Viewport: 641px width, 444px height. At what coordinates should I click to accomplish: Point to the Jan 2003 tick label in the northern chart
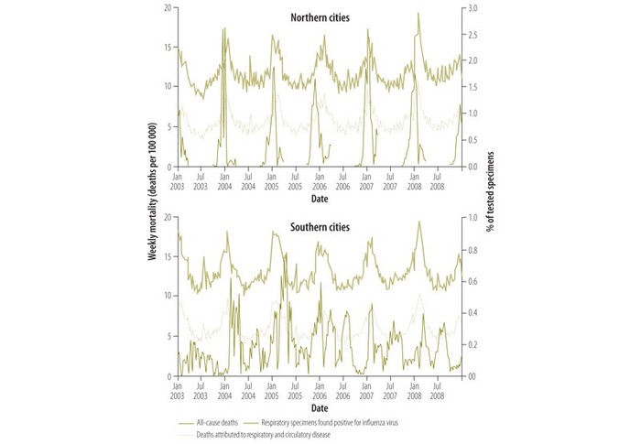(x=178, y=180)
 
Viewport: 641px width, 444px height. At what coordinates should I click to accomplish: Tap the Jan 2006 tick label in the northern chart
(x=319, y=180)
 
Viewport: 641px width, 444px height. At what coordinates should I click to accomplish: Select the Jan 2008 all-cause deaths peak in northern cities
(x=418, y=13)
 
